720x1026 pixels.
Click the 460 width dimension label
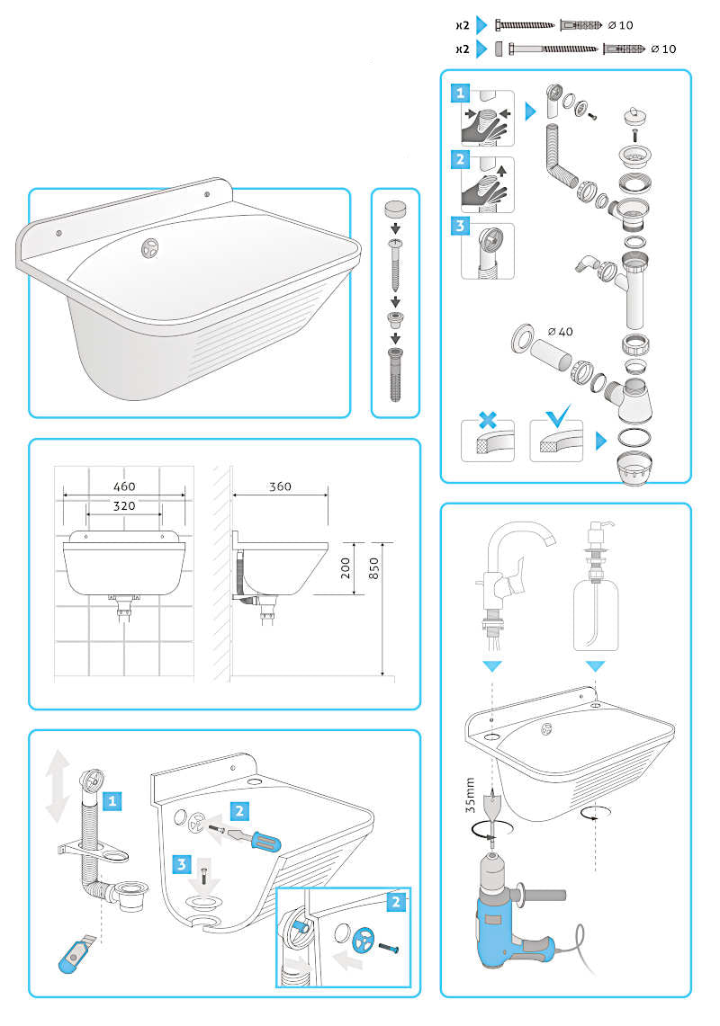[124, 486]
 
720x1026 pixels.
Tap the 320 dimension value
[124, 505]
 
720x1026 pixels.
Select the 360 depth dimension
[280, 486]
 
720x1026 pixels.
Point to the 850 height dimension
[373, 567]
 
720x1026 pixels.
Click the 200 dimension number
[346, 567]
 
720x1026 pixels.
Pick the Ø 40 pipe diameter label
[560, 332]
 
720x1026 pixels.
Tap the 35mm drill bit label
[470, 795]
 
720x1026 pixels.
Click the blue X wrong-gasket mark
[488, 419]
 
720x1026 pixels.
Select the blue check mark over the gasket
[558, 415]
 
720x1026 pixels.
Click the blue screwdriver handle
[265, 842]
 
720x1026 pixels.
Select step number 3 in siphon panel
[460, 226]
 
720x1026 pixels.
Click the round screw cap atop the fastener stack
[395, 210]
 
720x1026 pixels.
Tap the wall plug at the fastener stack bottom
[395, 375]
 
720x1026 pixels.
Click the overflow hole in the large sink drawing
[150, 246]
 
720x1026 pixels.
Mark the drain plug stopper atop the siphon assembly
[634, 118]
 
